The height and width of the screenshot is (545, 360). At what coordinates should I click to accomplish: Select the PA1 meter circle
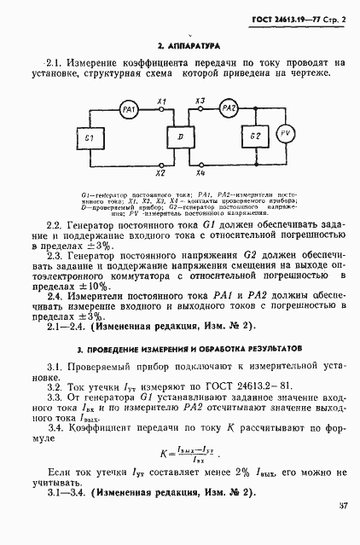coord(129,109)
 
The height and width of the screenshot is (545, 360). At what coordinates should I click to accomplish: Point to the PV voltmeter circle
coord(287,134)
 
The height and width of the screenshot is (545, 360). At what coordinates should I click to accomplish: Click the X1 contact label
coord(162,101)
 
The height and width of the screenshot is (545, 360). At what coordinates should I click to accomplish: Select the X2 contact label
coord(162,173)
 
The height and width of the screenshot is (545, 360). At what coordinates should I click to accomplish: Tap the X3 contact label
coord(199,101)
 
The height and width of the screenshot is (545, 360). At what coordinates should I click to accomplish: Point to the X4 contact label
coord(199,173)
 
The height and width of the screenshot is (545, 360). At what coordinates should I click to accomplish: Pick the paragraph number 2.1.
coord(53,62)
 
